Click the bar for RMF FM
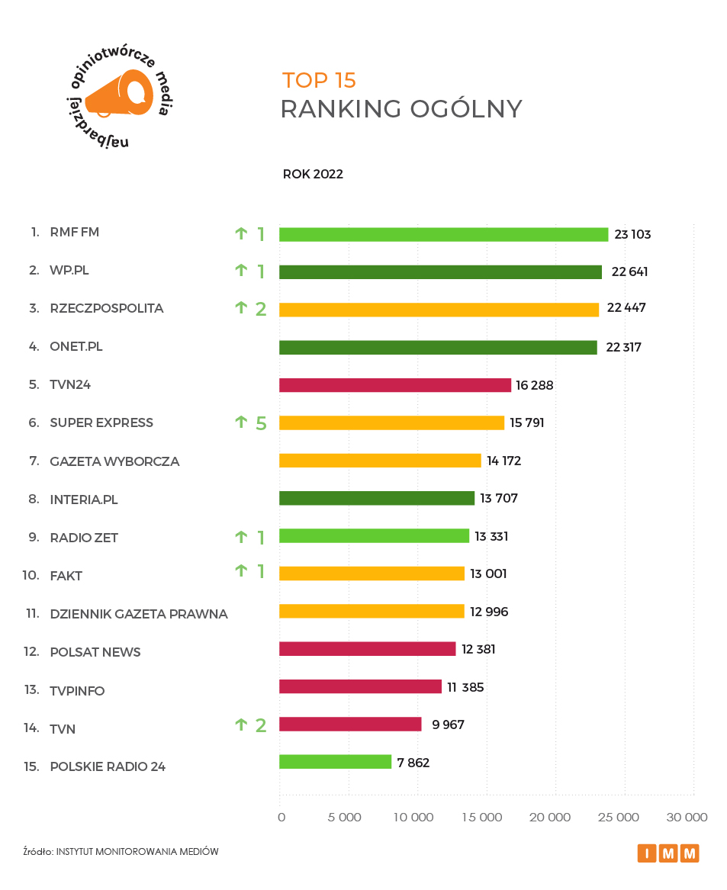tap(443, 234)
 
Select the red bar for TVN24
tap(394, 385)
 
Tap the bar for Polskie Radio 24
tap(335, 762)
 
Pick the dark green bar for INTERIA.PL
tap(376, 498)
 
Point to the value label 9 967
tap(448, 725)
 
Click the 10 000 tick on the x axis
tap(413, 818)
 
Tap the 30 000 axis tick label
tap(687, 818)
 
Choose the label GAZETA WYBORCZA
tap(114, 461)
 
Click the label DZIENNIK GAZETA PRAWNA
tap(138, 614)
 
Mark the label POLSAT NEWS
tap(95, 652)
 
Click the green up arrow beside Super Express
tap(242, 422)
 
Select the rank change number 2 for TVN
tap(261, 725)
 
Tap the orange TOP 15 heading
tap(319, 80)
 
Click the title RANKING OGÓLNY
tap(400, 109)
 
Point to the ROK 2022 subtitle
tap(313, 174)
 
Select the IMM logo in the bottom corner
tap(668, 853)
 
